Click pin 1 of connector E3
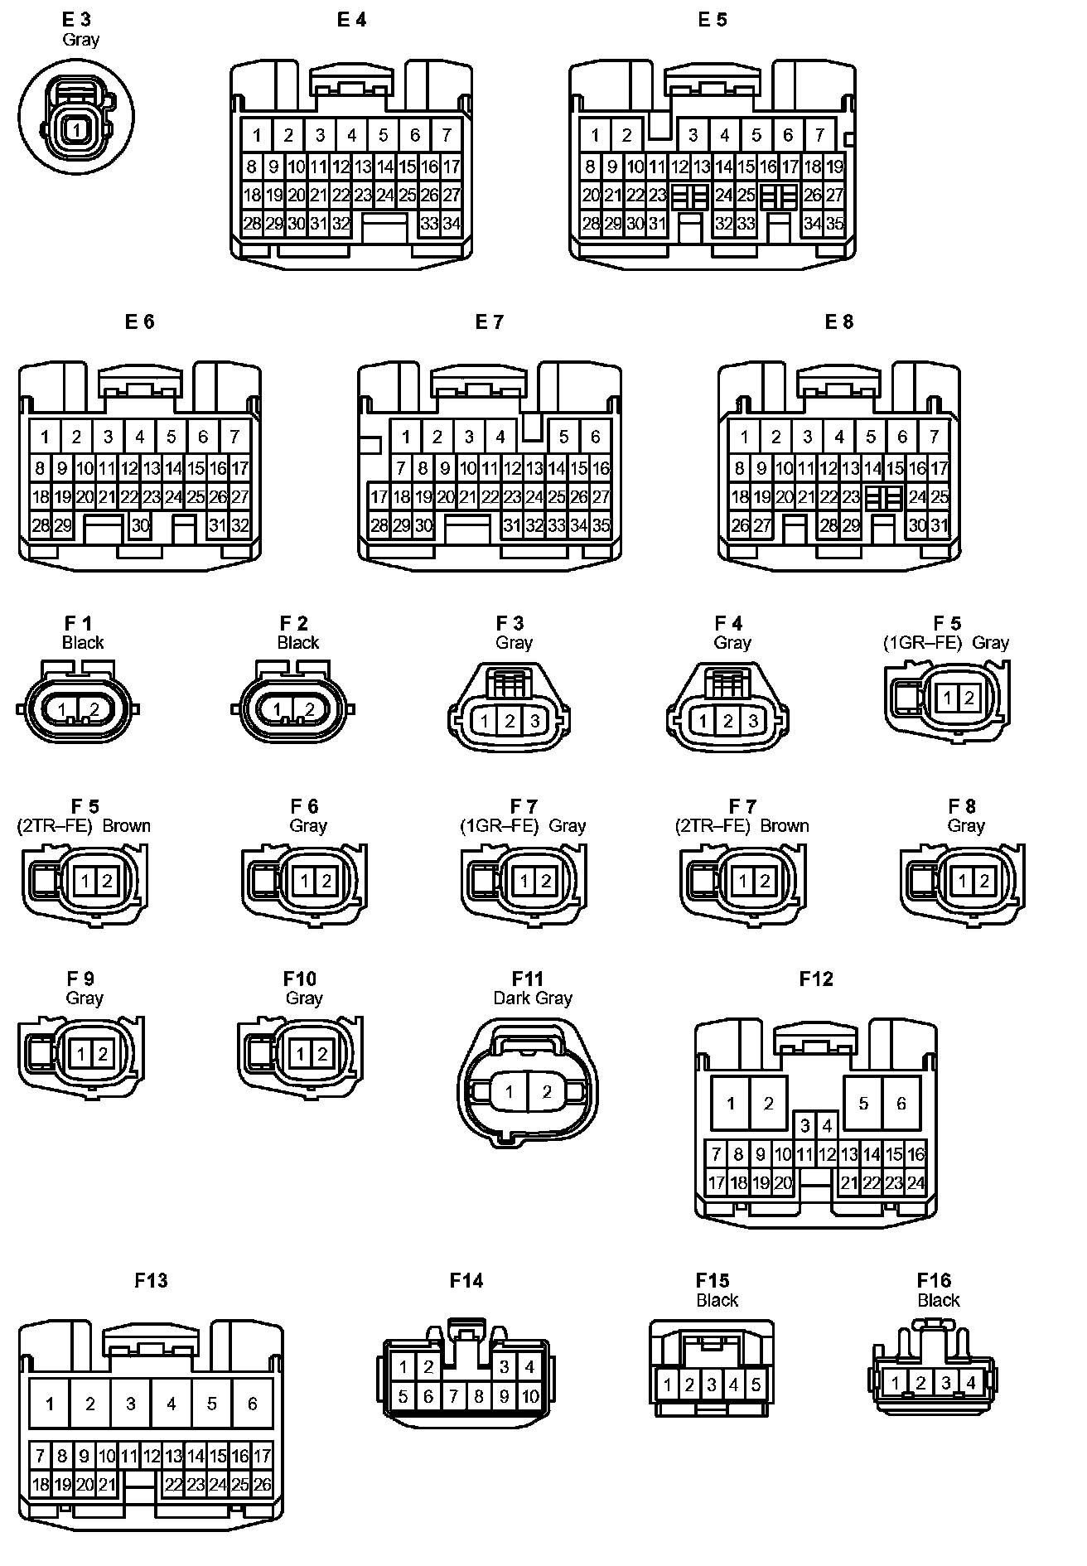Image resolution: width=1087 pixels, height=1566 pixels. (x=76, y=129)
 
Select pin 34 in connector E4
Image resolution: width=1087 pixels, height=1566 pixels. (x=452, y=223)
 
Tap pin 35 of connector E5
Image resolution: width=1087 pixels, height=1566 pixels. (x=834, y=223)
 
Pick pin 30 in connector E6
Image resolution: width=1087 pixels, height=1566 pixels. (x=140, y=524)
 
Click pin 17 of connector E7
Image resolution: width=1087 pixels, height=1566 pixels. (x=379, y=497)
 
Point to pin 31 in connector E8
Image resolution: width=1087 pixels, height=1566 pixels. (x=939, y=524)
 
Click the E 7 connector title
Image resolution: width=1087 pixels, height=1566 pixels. (x=489, y=321)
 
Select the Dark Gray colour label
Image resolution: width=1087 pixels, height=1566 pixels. (x=533, y=998)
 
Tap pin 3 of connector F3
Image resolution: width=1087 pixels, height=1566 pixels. (x=534, y=721)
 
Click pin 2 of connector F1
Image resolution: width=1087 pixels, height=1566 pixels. (x=94, y=709)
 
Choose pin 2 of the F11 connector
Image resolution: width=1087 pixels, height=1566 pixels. (x=546, y=1091)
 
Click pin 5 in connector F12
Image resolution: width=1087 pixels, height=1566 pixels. (x=863, y=1103)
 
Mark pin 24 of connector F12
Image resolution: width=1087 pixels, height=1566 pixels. (x=915, y=1183)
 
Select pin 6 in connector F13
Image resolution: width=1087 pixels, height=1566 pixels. (x=252, y=1403)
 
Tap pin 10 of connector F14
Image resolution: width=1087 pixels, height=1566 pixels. (x=529, y=1396)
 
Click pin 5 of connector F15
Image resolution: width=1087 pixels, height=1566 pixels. (x=756, y=1384)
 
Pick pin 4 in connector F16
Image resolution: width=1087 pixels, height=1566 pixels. (x=971, y=1382)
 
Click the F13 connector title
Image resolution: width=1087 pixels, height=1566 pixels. (x=151, y=1280)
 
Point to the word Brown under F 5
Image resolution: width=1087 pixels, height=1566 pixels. (x=127, y=825)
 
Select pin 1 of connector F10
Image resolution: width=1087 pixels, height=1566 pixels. (x=299, y=1054)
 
